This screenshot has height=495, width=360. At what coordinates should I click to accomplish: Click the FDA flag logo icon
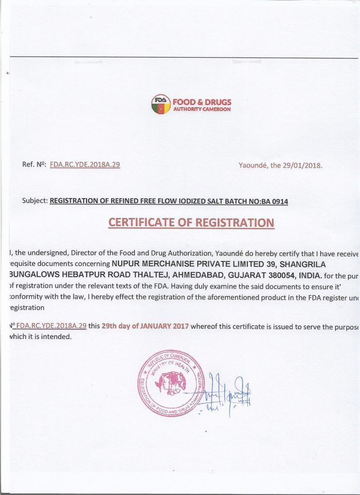(x=161, y=104)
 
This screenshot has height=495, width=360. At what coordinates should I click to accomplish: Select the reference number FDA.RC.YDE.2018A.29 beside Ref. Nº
(x=85, y=164)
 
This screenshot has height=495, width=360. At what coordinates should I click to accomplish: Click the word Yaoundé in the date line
(x=253, y=165)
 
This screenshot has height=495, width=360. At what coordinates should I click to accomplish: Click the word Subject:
(x=35, y=201)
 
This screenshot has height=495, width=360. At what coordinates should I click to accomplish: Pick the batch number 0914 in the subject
(x=280, y=202)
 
